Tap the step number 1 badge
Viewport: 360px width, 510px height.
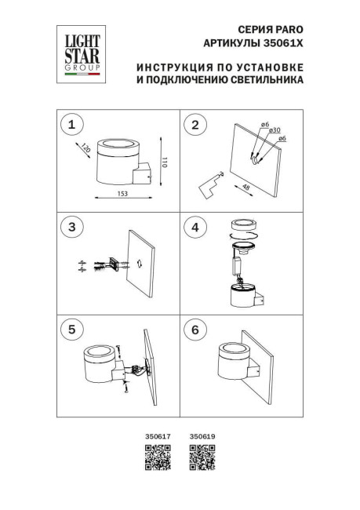coord(73,124)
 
